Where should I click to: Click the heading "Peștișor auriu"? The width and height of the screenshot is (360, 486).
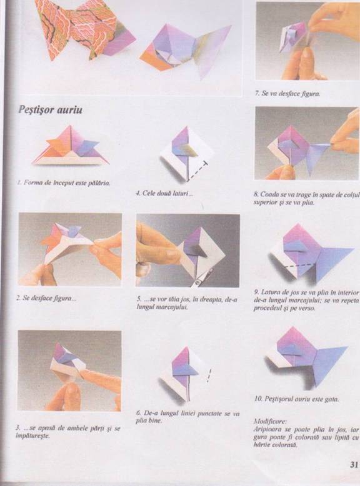coord(50,110)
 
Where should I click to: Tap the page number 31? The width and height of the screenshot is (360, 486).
coord(354,465)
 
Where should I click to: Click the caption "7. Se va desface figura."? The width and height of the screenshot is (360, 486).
coord(287,93)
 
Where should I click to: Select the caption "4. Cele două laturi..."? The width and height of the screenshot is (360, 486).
coord(164,194)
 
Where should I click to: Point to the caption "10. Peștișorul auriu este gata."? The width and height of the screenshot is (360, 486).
coord(296,399)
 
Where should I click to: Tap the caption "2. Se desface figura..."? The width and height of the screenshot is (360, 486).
coord(46,299)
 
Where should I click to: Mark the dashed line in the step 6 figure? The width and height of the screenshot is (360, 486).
coord(209,375)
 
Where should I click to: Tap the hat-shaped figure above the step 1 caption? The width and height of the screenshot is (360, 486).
coord(71,146)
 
